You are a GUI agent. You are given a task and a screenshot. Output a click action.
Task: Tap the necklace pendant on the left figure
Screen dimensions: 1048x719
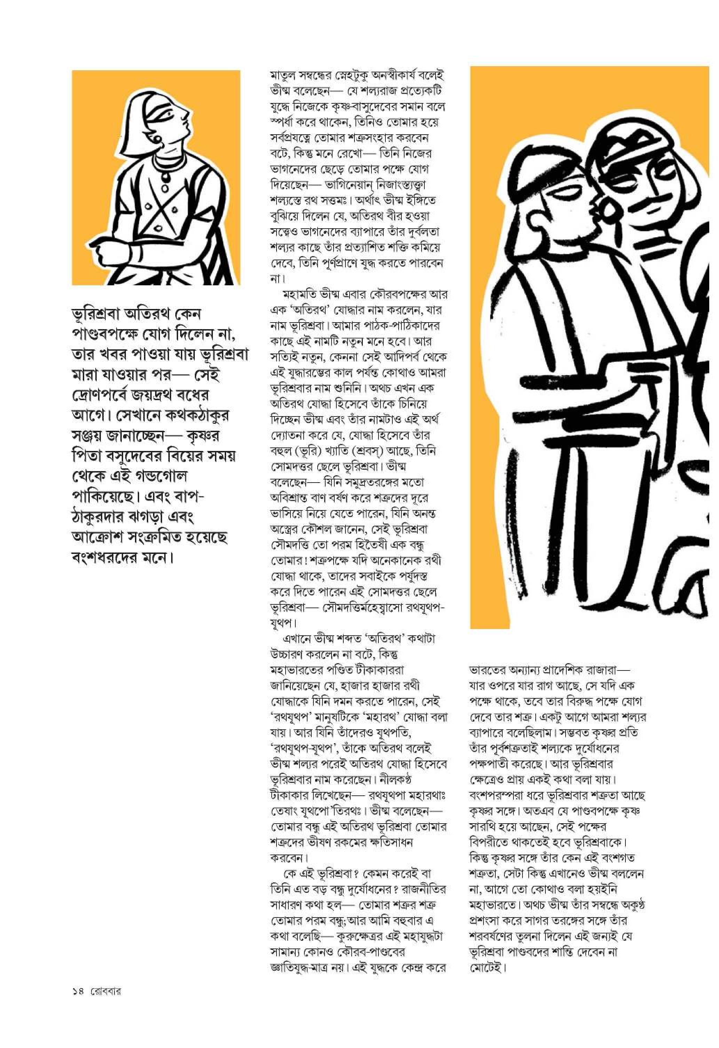coord(163,177)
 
